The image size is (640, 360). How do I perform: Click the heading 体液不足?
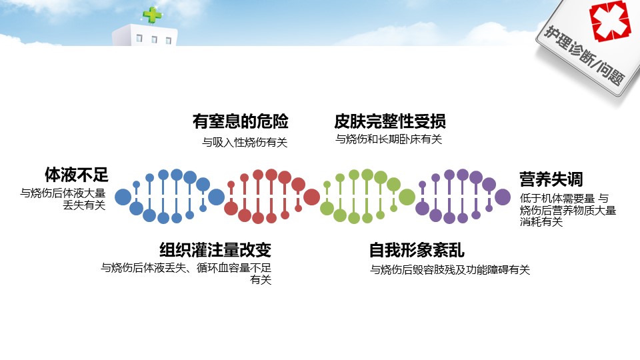tap(76, 175)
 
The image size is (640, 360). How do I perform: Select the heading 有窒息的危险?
tap(241, 121)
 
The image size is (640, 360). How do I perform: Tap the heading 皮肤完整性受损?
tap(390, 121)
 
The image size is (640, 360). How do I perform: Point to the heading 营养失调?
tap(551, 179)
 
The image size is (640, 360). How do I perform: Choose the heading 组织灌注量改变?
tap(215, 250)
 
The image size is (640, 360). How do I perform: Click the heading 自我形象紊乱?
tap(417, 251)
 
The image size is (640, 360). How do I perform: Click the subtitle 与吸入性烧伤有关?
tap(245, 142)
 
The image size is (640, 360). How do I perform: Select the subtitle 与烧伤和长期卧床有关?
tap(389, 139)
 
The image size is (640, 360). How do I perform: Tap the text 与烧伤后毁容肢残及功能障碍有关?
tap(450, 270)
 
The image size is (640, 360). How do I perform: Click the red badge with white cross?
tap(609, 23)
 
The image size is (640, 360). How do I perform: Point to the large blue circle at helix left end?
tap(123, 197)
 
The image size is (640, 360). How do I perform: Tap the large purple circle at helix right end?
tap(503, 197)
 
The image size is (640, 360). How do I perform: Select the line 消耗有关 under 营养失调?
tap(541, 222)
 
